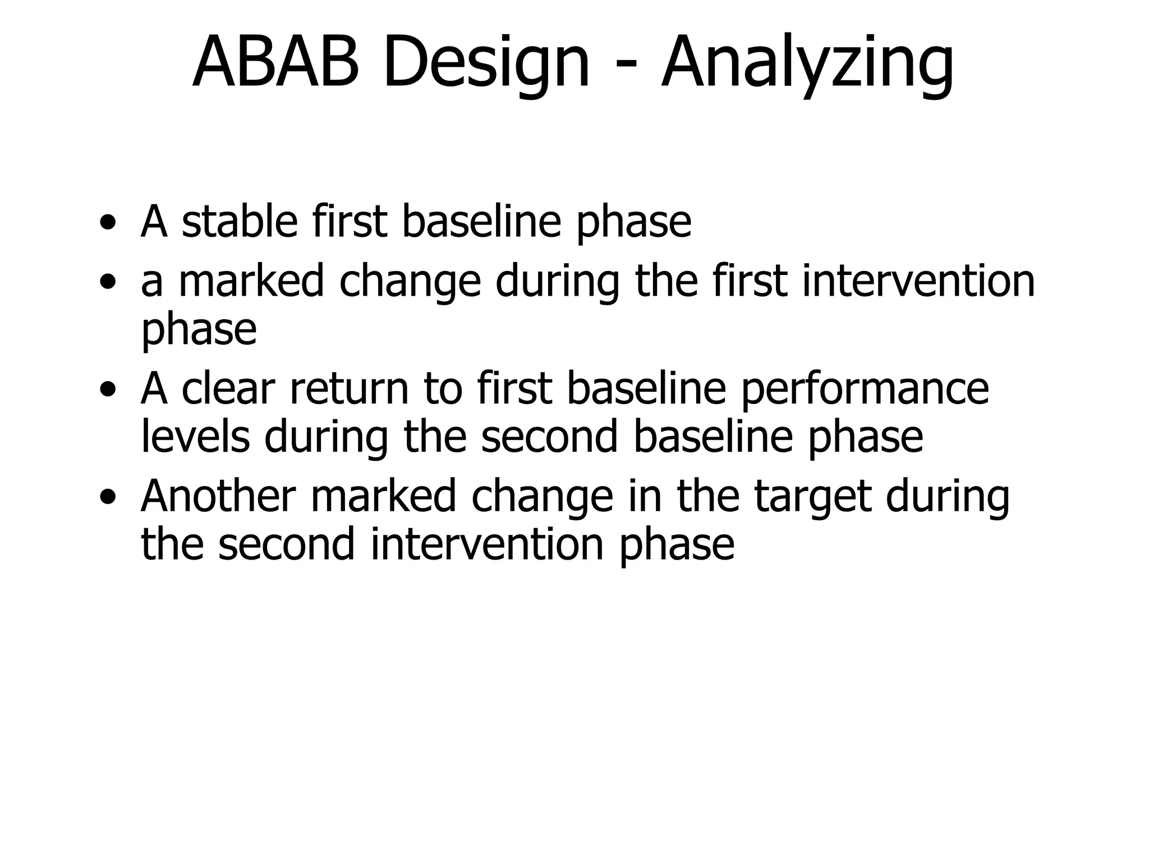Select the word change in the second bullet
[410, 283]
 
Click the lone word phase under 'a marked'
[199, 331]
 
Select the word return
[348, 389]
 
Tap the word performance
[865, 390]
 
